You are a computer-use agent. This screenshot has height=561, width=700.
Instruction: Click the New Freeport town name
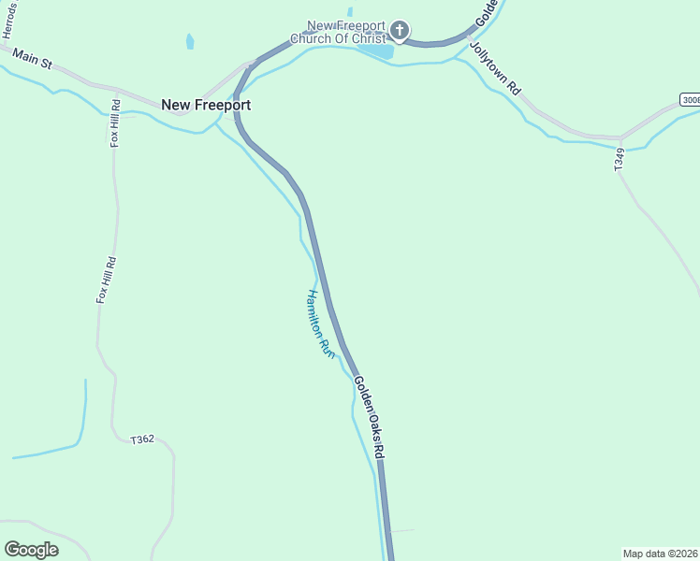click(206, 105)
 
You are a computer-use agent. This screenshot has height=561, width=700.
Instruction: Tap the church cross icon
click(399, 32)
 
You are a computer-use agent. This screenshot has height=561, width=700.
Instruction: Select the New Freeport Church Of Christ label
click(346, 32)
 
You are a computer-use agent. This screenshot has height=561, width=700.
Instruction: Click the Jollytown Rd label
click(495, 67)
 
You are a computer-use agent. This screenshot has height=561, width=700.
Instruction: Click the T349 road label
click(619, 158)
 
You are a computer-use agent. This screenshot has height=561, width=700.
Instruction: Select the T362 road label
click(142, 439)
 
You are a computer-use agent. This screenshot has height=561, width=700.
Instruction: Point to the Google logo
click(31, 549)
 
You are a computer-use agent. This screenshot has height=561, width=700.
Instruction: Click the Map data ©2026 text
click(660, 553)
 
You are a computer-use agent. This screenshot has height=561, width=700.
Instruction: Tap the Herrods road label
click(10, 19)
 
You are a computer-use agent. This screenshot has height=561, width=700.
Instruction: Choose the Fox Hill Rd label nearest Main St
click(115, 122)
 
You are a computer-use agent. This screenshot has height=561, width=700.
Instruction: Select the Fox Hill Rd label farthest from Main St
click(105, 280)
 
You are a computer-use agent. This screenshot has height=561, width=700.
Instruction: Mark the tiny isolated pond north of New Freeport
click(190, 41)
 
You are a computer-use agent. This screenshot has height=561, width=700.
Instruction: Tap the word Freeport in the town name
click(223, 105)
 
